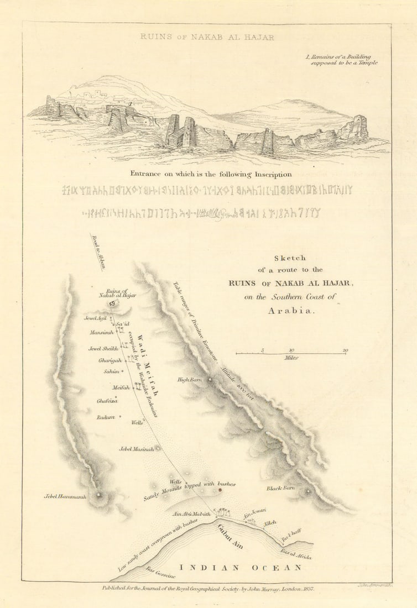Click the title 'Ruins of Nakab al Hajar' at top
(x=207, y=38)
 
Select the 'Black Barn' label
(x=280, y=489)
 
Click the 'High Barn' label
(x=189, y=380)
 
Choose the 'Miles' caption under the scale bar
(x=291, y=358)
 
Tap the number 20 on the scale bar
(x=345, y=350)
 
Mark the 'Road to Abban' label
(x=97, y=251)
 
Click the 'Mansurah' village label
(x=101, y=332)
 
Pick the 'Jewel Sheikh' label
(x=103, y=349)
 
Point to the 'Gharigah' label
(x=109, y=360)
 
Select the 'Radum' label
(x=106, y=417)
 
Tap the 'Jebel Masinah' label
(x=136, y=449)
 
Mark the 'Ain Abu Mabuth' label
(x=192, y=514)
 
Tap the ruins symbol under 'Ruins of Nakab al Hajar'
(x=113, y=303)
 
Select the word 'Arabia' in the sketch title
(x=290, y=310)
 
